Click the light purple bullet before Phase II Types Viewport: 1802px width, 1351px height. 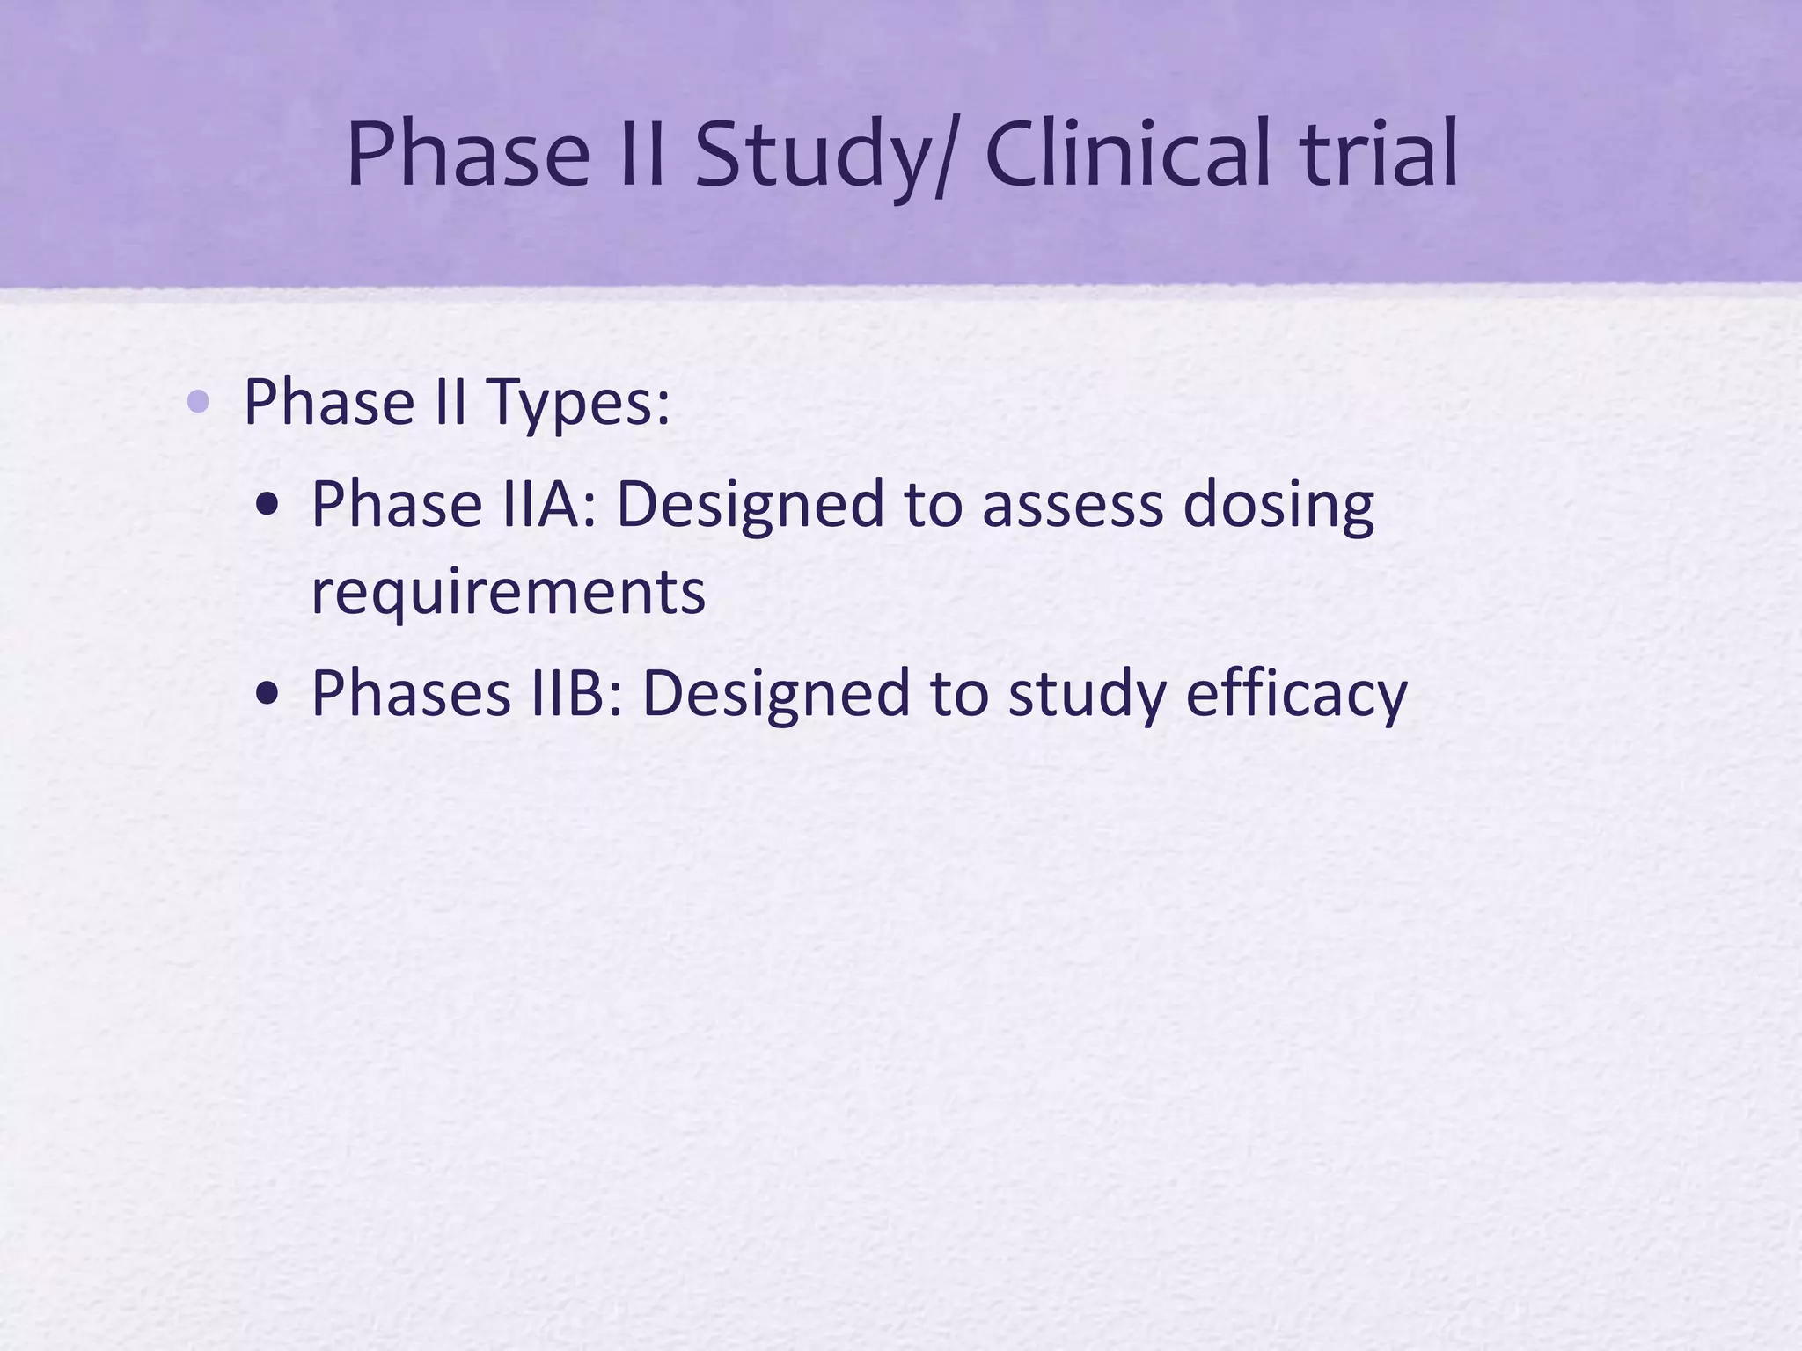pos(199,403)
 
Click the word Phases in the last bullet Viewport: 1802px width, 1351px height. pos(411,693)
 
